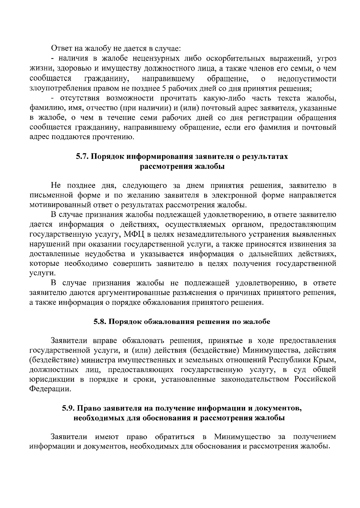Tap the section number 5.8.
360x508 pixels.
coord(100,322)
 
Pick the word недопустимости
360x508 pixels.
coord(307,79)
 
